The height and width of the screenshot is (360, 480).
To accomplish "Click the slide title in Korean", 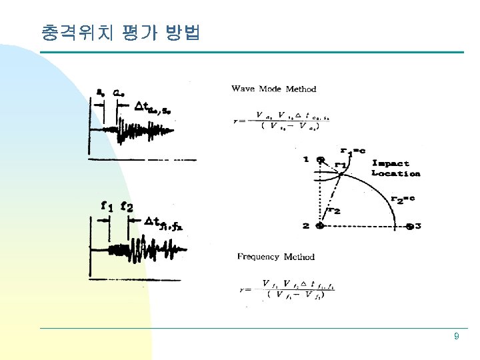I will point(120,32).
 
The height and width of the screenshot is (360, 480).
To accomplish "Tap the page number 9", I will point(456,337).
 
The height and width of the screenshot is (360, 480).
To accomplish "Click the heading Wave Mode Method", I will point(273,89).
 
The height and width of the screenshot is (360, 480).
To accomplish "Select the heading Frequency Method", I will point(276,257).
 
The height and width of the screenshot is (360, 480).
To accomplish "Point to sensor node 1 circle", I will point(321,160).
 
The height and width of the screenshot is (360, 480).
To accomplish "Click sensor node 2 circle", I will point(320,226).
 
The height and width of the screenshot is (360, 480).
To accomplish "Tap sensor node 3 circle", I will point(409,226).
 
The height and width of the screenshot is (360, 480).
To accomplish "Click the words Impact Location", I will point(395,168).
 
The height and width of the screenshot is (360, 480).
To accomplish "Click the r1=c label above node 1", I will point(353,151).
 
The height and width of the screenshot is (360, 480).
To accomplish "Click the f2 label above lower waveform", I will point(127,206).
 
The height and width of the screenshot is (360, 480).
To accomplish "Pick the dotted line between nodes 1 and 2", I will point(320,193).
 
